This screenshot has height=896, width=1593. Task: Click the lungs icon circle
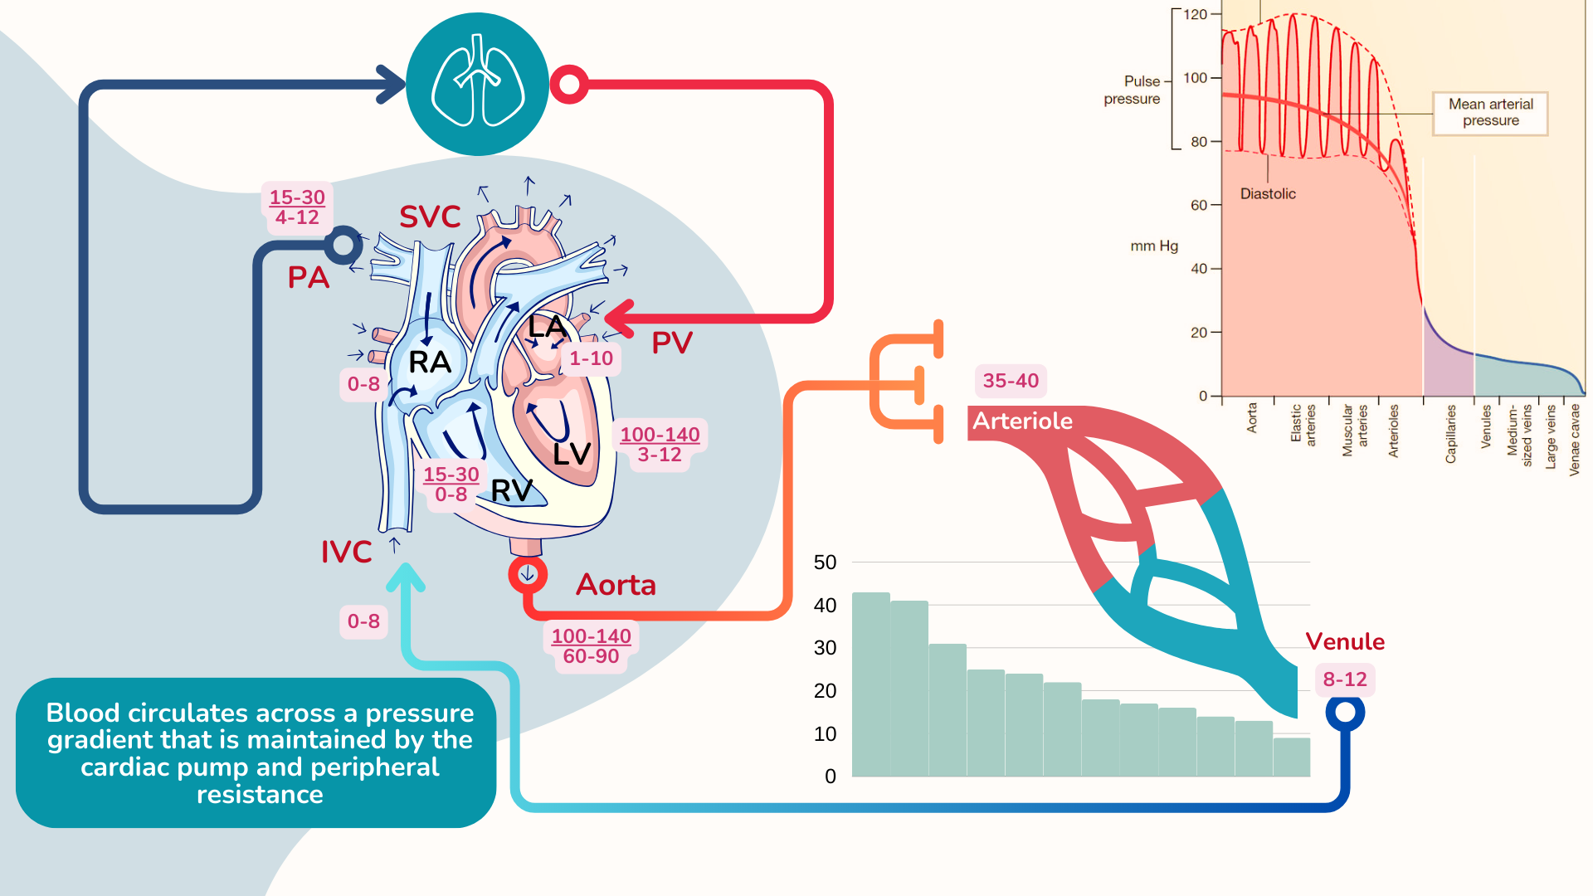click(x=477, y=84)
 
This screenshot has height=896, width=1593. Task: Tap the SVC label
click(x=430, y=217)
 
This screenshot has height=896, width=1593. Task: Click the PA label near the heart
click(x=309, y=277)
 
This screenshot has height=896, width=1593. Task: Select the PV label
click(x=671, y=343)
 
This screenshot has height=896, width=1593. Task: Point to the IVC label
click(x=346, y=552)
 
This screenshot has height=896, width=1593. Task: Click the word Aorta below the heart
click(x=616, y=585)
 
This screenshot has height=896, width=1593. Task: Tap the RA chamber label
click(x=429, y=363)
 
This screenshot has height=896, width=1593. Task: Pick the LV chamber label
click(x=572, y=454)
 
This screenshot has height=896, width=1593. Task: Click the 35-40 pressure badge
click(x=1010, y=381)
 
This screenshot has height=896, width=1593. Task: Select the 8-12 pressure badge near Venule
click(x=1344, y=679)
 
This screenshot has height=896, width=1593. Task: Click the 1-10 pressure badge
click(x=591, y=358)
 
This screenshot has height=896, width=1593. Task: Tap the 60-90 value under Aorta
click(x=591, y=656)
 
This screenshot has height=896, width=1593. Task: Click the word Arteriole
click(x=1022, y=421)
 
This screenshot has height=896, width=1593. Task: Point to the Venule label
click(x=1344, y=641)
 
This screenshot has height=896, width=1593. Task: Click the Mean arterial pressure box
click(x=1490, y=113)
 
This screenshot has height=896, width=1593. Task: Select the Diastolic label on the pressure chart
click(x=1267, y=193)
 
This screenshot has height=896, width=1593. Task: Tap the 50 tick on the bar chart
click(x=825, y=562)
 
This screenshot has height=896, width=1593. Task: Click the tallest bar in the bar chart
click(x=870, y=684)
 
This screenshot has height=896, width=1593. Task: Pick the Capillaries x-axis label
click(x=1450, y=434)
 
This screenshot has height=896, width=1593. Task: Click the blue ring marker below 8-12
click(x=1345, y=712)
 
